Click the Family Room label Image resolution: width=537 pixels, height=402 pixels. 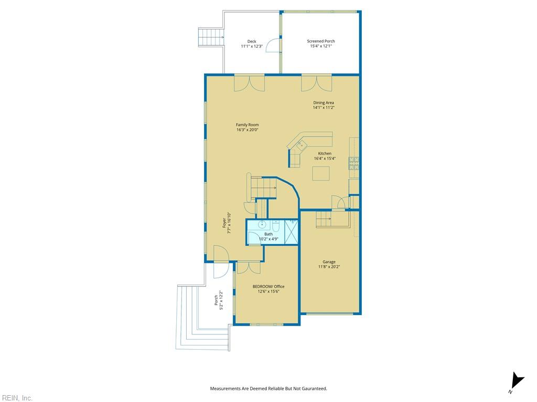click(x=248, y=125)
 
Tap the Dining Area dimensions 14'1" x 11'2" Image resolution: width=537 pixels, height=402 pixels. click(x=324, y=107)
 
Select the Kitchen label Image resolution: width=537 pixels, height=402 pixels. click(x=325, y=153)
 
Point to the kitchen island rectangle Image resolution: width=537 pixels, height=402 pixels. click(x=321, y=173)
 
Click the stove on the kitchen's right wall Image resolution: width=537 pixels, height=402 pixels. click(x=354, y=163)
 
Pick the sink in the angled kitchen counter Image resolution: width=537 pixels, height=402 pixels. click(x=302, y=146)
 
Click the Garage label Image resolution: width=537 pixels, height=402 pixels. click(x=329, y=262)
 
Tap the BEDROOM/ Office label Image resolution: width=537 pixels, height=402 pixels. click(x=268, y=286)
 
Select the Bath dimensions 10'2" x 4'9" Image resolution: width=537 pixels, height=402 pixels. click(x=269, y=239)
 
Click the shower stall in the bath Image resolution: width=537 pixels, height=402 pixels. click(x=291, y=232)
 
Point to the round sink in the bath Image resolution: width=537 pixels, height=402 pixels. click(x=262, y=225)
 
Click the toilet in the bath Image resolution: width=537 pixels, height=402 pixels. click(x=276, y=227)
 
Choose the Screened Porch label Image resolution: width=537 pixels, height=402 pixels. click(x=321, y=41)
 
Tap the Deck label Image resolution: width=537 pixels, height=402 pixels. click(x=252, y=41)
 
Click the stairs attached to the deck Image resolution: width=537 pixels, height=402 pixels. click(x=211, y=37)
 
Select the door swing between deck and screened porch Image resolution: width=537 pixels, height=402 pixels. click(x=273, y=45)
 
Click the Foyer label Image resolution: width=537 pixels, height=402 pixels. click(x=224, y=223)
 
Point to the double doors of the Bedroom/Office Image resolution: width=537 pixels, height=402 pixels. click(x=249, y=267)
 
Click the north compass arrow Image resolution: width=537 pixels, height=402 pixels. click(x=516, y=382)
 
